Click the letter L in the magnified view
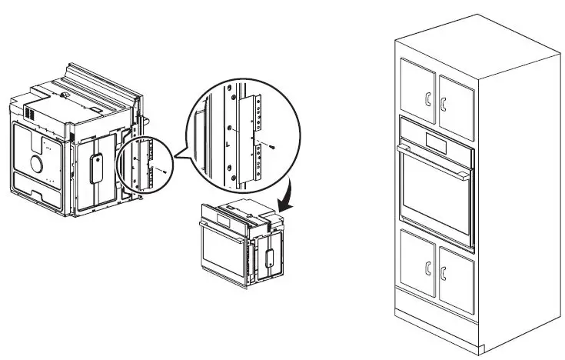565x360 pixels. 228,143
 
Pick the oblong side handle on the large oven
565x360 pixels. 95,167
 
